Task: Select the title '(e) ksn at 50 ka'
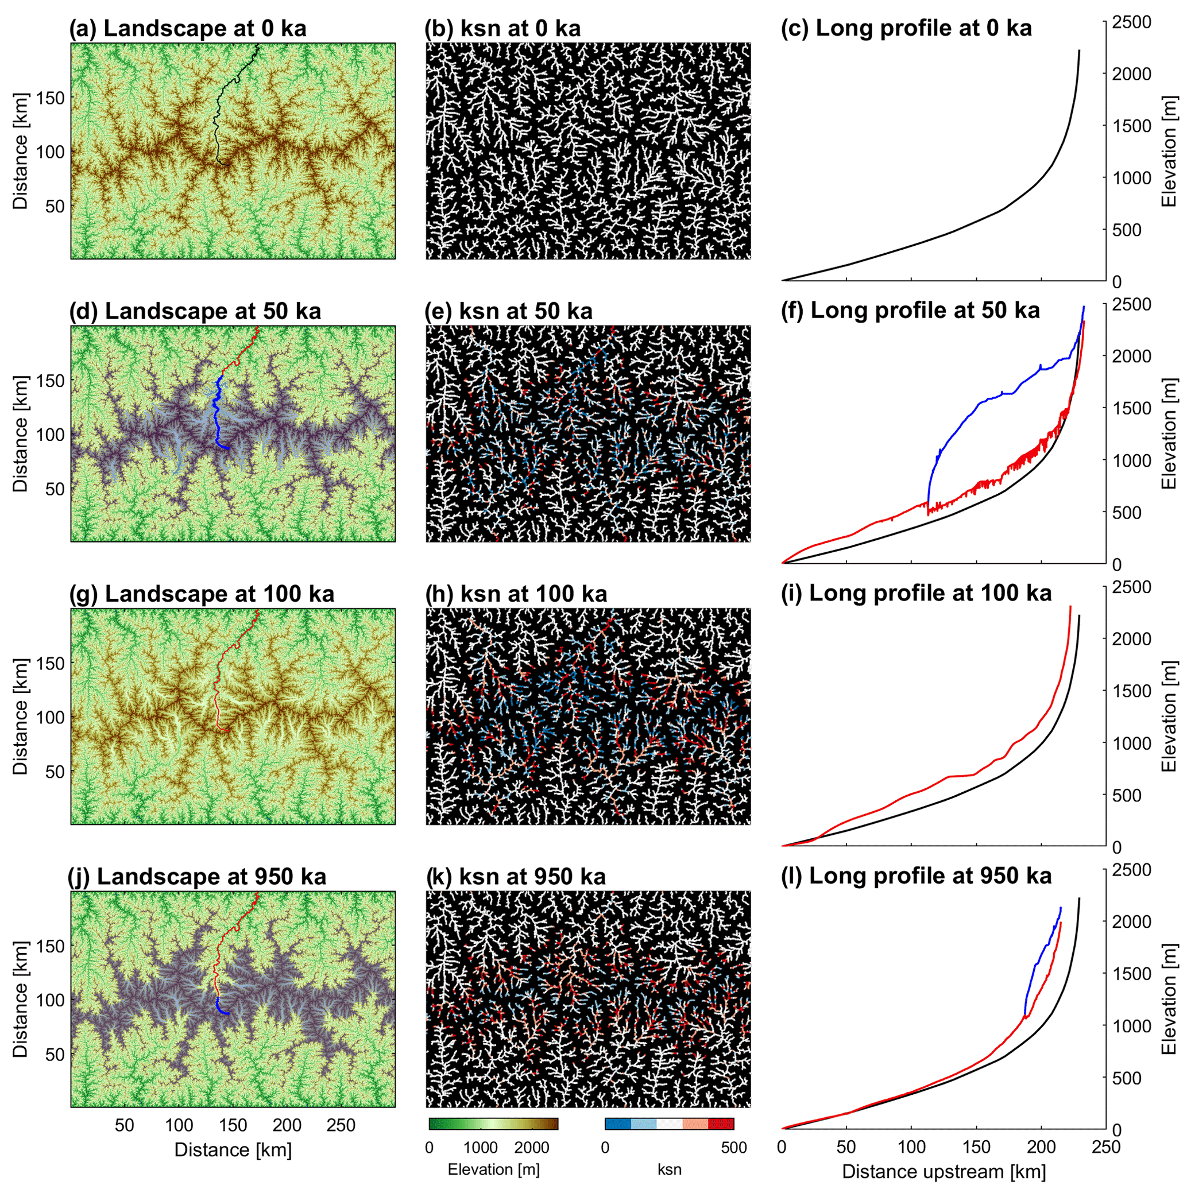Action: point(508,311)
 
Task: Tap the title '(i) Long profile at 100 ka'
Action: point(916,594)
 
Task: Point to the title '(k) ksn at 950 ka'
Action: point(516,876)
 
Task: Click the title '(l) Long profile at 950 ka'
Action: point(916,876)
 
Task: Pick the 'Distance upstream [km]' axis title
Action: point(944,1171)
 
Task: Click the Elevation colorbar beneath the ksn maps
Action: point(493,1124)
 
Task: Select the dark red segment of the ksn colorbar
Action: point(721,1124)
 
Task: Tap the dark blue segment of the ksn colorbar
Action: point(617,1124)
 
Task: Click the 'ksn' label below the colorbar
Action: point(670,1169)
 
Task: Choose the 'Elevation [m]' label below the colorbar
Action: point(493,1169)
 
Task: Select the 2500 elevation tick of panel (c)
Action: point(1131,22)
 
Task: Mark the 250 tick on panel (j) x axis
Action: point(341,1125)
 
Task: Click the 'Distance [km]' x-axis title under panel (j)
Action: point(233,1150)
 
